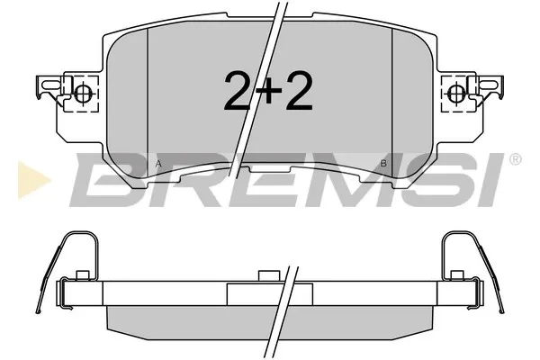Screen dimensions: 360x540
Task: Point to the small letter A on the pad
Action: point(158,164)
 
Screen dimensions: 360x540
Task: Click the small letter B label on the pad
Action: point(383,164)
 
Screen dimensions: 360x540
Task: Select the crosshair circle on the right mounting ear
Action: point(457,92)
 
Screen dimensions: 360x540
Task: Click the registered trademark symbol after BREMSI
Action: point(514,159)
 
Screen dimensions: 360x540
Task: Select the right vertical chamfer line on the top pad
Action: point(393,99)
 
